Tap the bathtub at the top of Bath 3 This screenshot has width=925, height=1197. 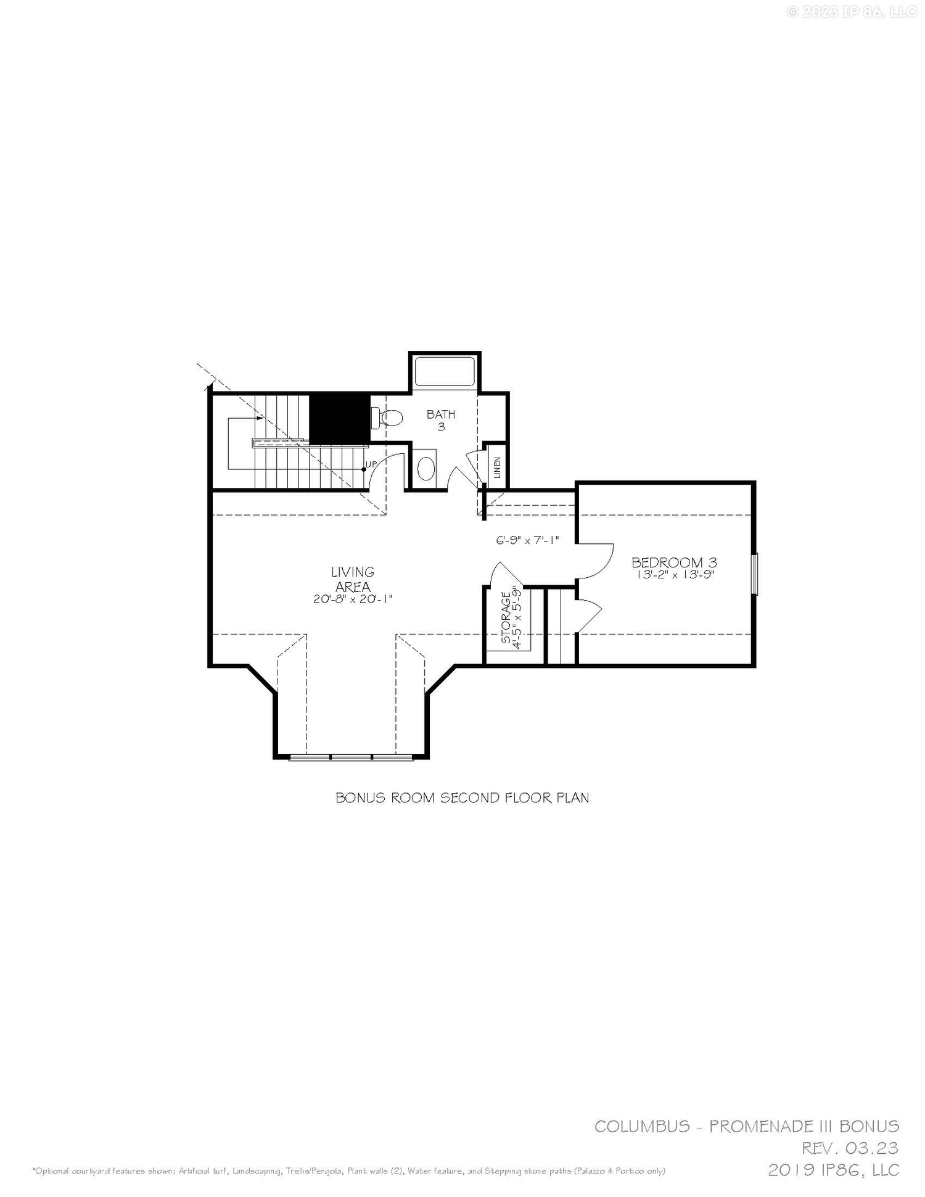click(x=445, y=371)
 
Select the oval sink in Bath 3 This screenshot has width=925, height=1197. click(x=426, y=469)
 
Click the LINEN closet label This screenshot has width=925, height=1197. click(x=497, y=468)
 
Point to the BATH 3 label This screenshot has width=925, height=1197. click(x=441, y=420)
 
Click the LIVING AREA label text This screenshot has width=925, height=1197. click(x=353, y=579)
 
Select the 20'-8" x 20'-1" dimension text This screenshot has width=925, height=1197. click(x=353, y=598)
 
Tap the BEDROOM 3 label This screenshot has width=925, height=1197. click(x=674, y=562)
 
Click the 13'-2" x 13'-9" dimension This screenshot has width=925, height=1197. click(x=675, y=575)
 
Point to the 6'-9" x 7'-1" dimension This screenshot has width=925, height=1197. click(x=527, y=540)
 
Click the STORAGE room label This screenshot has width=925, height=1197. click(x=506, y=618)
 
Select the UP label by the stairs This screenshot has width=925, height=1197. click(x=371, y=464)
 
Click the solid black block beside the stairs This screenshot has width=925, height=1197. click(x=339, y=418)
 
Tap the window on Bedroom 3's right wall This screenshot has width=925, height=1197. click(x=755, y=574)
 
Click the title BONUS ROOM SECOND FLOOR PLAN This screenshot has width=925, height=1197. click(x=462, y=797)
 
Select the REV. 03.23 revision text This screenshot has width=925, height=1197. click(x=850, y=1148)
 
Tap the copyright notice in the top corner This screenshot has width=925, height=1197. click(x=852, y=12)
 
